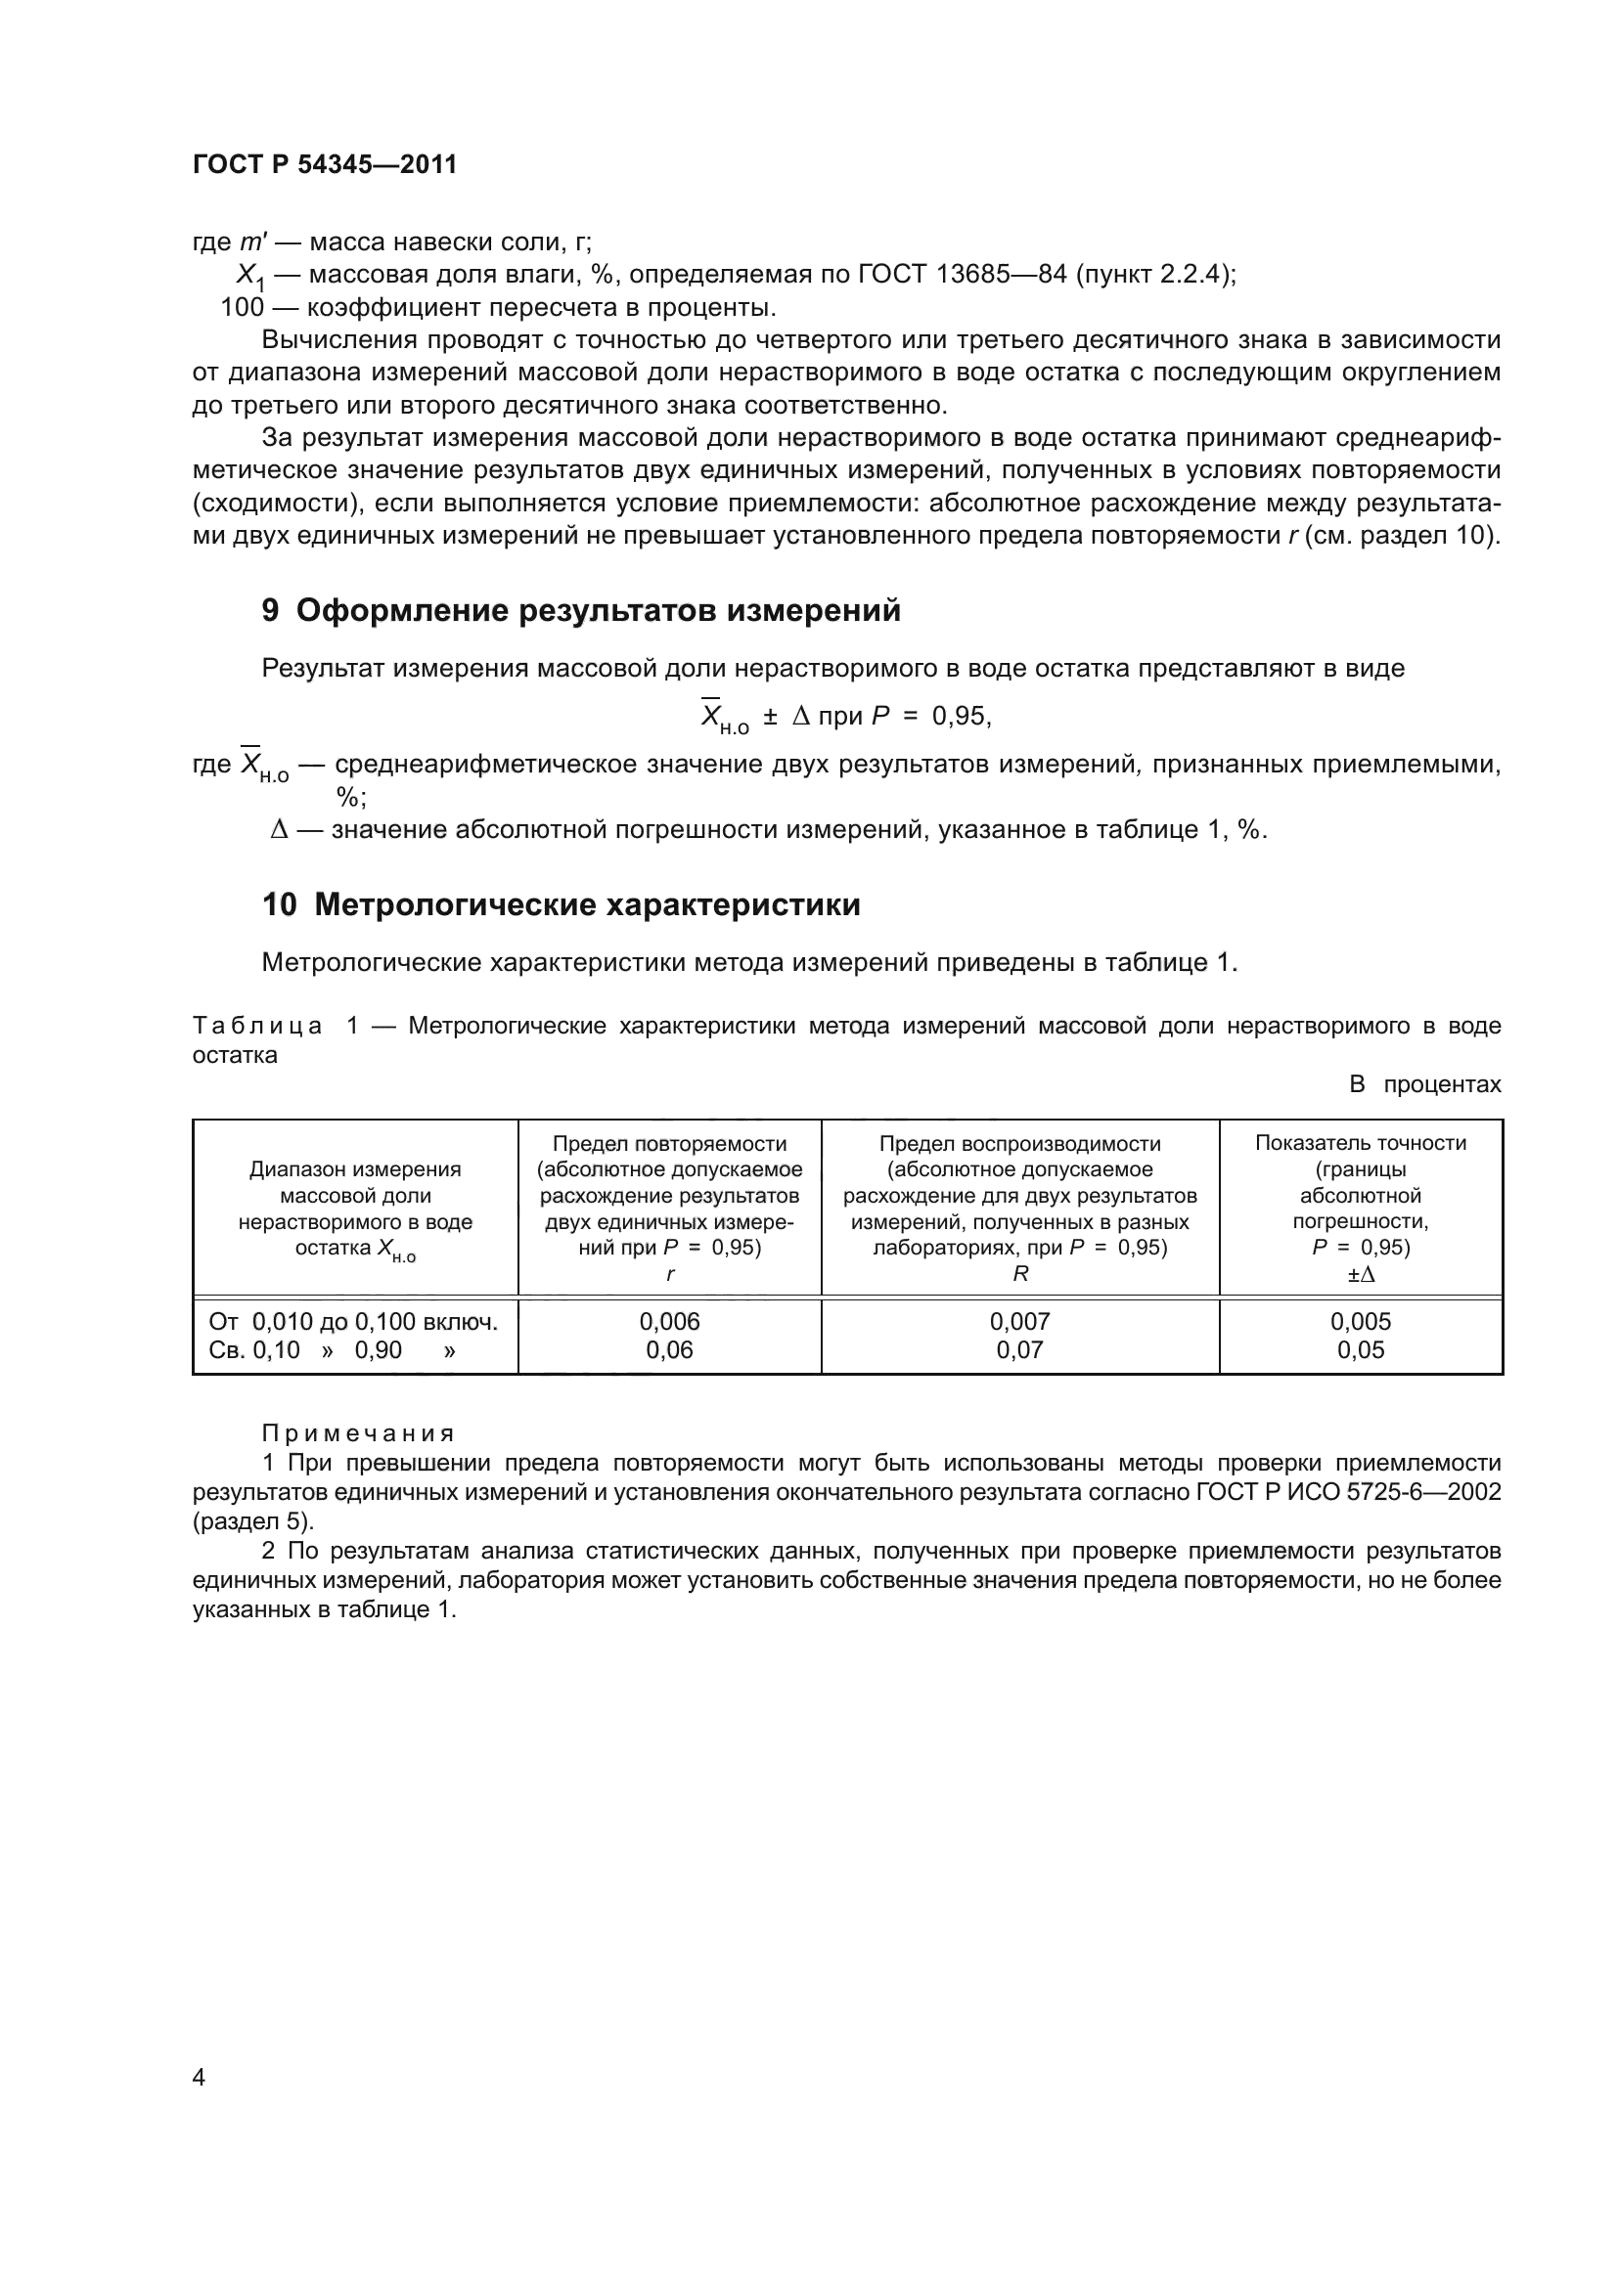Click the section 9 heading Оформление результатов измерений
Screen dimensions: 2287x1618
point(581,610)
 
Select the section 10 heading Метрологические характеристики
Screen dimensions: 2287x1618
point(561,905)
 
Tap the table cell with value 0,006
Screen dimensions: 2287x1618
point(669,1322)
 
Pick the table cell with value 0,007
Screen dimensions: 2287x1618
point(1019,1322)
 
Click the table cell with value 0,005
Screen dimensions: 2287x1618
point(1360,1322)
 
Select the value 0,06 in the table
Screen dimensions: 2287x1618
point(669,1350)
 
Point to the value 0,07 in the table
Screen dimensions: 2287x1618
point(1019,1350)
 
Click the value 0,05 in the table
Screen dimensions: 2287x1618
point(1360,1350)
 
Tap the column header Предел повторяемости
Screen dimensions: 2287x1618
point(669,1145)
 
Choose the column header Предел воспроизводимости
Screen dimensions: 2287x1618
point(1019,1145)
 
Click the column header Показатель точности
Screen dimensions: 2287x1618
point(1360,1144)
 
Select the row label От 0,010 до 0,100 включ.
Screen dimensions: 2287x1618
point(353,1322)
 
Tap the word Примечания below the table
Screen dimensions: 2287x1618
point(358,1433)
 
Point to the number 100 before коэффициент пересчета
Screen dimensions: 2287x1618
point(242,308)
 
